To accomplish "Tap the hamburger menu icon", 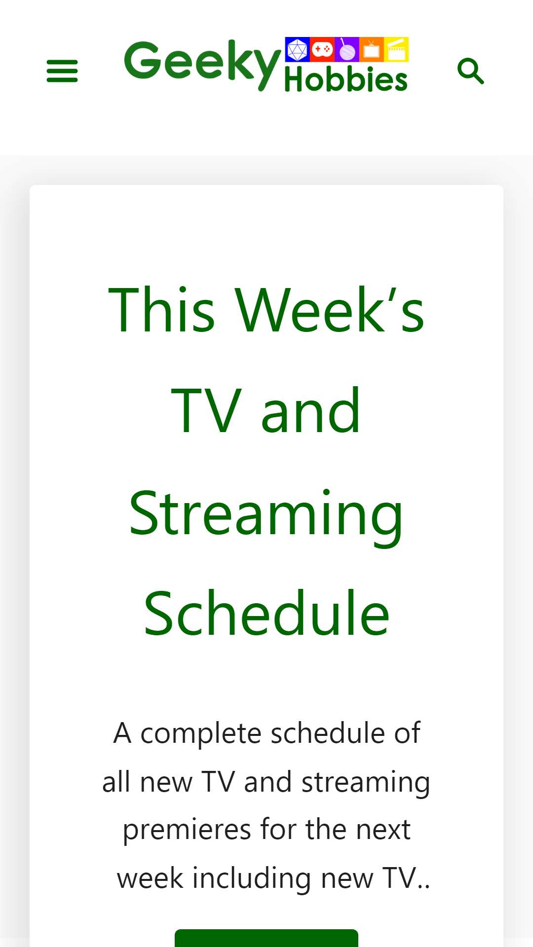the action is [62, 71].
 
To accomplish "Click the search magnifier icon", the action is [471, 71].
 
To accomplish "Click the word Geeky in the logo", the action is [202, 64].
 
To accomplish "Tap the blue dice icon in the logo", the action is [297, 49].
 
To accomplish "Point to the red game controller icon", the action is [322, 49].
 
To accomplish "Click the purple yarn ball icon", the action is [346, 49].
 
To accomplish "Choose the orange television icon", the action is [371, 49].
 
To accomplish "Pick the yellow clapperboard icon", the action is [396, 49].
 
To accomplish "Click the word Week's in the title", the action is [329, 310].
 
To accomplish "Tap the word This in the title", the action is [161, 310].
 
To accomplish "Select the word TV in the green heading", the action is [206, 411].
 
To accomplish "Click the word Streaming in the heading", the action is [266, 516].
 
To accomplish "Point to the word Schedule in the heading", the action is [266, 614].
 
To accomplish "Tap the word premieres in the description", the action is [187, 830].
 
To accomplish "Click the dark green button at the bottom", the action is [266, 938].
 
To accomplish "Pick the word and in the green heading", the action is [310, 411].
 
